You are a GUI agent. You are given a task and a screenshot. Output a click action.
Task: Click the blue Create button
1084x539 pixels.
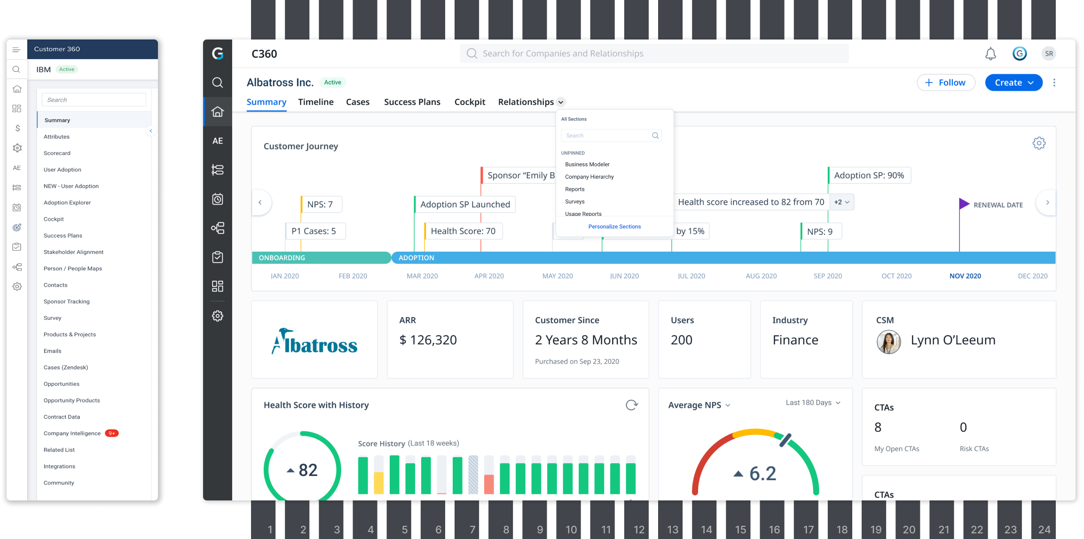coord(1013,83)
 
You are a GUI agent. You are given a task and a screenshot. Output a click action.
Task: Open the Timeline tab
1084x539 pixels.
coord(316,102)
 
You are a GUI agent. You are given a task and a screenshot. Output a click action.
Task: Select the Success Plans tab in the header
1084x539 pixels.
coord(412,102)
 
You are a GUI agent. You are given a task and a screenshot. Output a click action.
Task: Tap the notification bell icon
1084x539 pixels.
coord(990,54)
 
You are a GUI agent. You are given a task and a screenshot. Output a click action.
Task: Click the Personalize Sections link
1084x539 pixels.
coord(614,227)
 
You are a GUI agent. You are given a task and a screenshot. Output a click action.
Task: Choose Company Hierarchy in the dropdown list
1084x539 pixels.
coord(589,177)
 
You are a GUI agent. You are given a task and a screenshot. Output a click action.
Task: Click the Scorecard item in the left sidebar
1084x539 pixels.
coord(57,153)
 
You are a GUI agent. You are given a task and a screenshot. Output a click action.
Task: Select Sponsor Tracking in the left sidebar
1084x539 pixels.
coord(66,301)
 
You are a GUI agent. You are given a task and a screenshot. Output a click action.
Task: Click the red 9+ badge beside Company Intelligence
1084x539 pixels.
coord(112,433)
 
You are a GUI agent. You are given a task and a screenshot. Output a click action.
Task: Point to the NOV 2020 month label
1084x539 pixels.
coord(965,276)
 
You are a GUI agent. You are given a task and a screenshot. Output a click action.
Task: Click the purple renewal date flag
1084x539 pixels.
coord(964,204)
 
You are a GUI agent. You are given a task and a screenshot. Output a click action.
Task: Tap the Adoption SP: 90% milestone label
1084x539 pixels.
coord(869,175)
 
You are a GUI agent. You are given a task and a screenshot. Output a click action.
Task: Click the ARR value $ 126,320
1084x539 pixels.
coord(428,340)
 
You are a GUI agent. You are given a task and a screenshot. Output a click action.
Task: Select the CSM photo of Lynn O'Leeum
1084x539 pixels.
coord(888,342)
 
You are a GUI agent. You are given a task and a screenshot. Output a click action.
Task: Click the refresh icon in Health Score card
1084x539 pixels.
coord(632,405)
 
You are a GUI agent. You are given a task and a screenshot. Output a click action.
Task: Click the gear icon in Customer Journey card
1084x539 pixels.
coord(1039,143)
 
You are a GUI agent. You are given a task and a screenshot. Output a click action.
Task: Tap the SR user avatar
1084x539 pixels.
coord(1049,54)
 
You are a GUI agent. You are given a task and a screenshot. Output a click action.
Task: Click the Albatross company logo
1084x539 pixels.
coord(314,341)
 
